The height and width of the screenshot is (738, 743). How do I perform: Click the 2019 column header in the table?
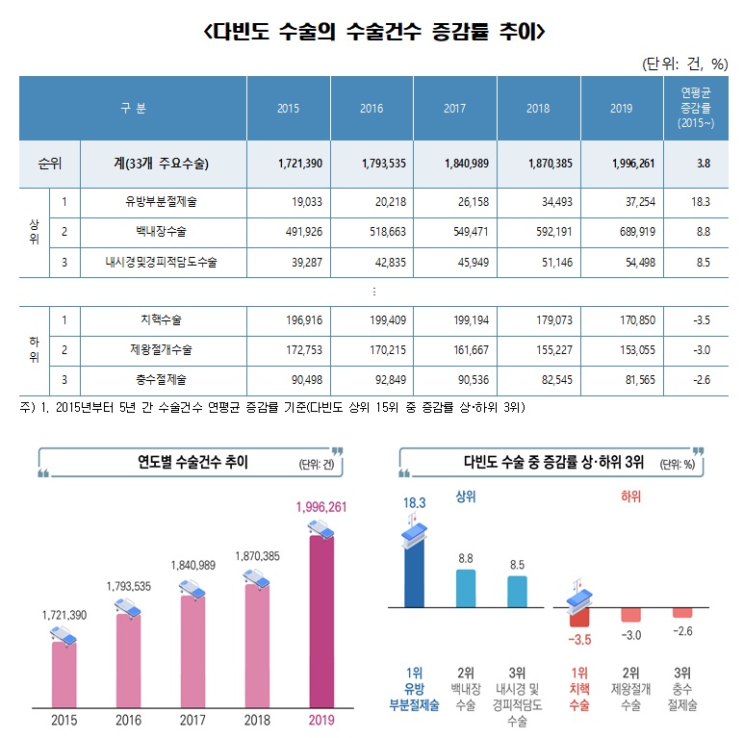(x=621, y=108)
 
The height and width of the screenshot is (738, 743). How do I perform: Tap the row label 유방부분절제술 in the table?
(x=161, y=203)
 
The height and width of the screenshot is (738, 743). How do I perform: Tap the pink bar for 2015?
(x=64, y=674)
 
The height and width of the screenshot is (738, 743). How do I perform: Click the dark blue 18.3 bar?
(x=415, y=573)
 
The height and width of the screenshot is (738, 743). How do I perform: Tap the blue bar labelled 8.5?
(x=516, y=592)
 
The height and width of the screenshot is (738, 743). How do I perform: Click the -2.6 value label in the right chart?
(x=682, y=631)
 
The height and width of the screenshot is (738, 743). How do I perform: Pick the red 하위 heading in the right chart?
(x=630, y=496)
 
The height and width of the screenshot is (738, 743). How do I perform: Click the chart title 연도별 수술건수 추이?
(x=192, y=463)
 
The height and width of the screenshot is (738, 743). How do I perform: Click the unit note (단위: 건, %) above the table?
(x=686, y=64)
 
